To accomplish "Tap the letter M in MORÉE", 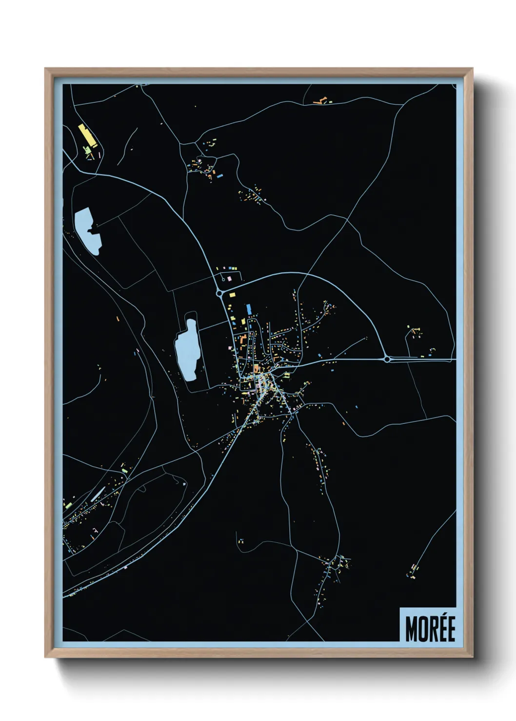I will (411, 628).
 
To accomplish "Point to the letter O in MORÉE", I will (422, 628).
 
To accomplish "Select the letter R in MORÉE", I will (432, 628).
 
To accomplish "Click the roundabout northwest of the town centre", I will (219, 293).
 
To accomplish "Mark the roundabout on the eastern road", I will (387, 360).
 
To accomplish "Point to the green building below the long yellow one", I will (88, 151).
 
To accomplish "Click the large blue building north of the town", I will (249, 309).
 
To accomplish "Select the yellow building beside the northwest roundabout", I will (231, 295).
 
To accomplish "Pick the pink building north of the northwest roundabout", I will (230, 279).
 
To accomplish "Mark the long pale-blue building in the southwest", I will (98, 494).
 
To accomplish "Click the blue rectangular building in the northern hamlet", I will (220, 175).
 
